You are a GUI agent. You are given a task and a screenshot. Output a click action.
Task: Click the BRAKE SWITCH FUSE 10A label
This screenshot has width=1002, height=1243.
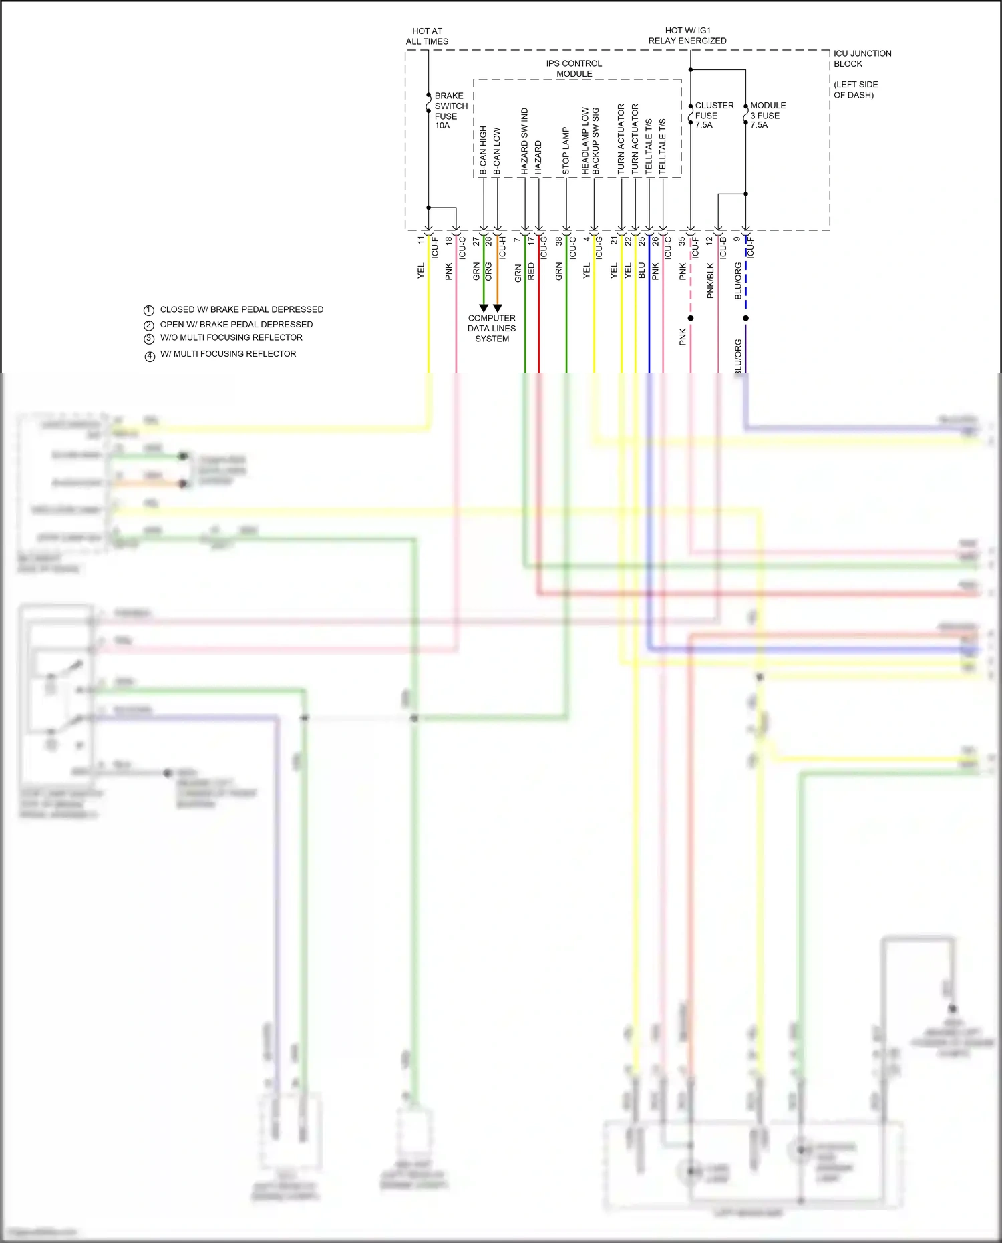450,110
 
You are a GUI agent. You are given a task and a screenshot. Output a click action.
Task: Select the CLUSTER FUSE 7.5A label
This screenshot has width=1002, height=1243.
713,115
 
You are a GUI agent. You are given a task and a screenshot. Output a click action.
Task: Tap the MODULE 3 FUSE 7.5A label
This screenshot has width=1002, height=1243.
768,115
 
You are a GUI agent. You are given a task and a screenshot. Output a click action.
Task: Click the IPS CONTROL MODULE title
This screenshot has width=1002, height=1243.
574,69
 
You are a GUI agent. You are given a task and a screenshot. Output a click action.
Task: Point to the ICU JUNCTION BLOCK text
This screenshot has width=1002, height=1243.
862,59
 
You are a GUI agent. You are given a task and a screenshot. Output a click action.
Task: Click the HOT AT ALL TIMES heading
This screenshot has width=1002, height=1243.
427,36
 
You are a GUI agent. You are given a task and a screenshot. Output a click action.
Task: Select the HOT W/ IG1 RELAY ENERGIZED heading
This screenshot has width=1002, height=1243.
687,35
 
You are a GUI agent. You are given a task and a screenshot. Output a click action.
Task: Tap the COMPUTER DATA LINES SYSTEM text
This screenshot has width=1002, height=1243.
492,329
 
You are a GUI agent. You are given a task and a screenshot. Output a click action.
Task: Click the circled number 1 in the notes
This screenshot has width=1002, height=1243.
149,310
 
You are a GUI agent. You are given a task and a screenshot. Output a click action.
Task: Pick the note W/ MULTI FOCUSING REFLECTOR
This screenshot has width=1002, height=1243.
228,354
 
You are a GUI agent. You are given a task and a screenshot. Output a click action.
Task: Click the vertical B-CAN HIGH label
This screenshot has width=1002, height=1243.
483,151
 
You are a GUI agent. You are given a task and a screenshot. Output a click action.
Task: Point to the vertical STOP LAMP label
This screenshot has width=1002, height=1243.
566,151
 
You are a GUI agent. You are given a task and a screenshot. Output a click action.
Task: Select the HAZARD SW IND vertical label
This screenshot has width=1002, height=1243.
524,142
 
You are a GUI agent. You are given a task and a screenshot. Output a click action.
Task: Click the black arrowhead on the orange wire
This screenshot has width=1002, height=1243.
497,308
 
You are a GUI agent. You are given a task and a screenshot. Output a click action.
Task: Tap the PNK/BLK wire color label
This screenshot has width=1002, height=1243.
711,281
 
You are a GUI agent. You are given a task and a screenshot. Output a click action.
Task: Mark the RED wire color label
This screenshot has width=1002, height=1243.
531,271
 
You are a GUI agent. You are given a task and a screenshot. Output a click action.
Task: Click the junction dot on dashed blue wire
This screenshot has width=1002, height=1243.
745,318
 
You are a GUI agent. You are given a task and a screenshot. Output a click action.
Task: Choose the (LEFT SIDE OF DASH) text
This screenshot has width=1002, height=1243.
855,90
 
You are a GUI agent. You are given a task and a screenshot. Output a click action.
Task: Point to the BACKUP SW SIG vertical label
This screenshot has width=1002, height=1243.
595,142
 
